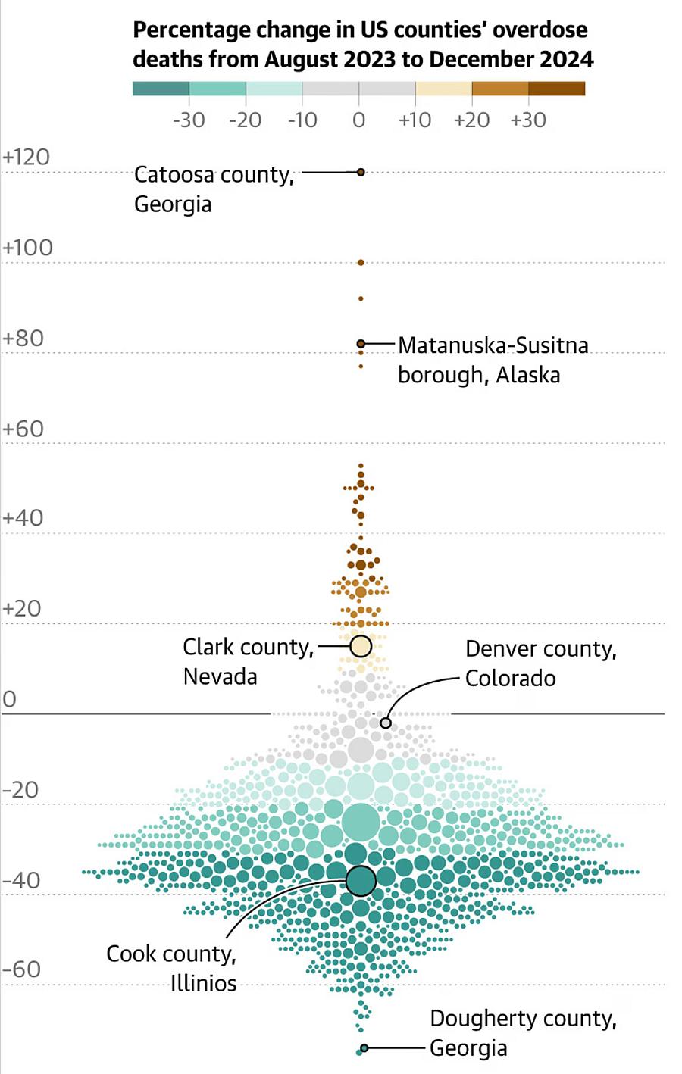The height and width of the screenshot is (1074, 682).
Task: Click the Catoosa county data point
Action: [361, 173]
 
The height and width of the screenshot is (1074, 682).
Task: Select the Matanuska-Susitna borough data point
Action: [361, 344]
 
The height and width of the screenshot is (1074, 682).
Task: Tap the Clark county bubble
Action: [361, 646]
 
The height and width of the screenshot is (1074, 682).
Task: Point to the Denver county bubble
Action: [386, 723]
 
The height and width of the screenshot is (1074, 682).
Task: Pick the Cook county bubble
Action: [361, 881]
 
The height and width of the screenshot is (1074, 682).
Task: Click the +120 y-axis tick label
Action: [27, 158]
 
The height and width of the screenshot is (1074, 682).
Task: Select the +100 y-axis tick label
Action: [28, 248]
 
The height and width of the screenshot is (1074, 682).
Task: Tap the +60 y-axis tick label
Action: [23, 429]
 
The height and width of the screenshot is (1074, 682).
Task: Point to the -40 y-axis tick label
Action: [22, 881]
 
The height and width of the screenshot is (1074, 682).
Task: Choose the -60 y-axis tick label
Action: [22, 969]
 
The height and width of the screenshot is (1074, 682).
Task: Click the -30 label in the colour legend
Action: [189, 120]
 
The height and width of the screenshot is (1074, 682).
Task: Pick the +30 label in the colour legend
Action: [528, 120]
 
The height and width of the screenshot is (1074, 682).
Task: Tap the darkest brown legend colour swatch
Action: [556, 89]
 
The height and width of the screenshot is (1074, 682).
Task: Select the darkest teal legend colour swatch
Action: [161, 89]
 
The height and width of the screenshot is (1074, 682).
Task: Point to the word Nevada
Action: [221, 676]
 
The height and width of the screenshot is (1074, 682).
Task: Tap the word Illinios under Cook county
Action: [203, 983]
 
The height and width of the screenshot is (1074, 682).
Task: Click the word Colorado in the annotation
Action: [511, 678]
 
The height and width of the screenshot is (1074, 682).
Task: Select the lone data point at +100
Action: [361, 263]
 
